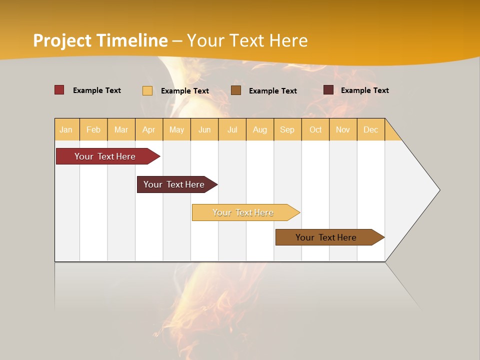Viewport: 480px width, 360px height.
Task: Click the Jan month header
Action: (66, 129)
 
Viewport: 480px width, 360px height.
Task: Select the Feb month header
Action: (93, 129)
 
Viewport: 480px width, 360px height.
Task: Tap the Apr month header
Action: (149, 129)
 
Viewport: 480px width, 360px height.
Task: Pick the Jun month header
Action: (204, 129)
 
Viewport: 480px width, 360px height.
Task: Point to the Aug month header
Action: (259, 129)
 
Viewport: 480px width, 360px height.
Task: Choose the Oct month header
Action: (315, 129)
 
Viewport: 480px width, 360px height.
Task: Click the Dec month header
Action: (370, 129)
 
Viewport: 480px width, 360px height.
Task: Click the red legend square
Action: (59, 90)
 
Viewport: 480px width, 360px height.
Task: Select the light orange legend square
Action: (147, 90)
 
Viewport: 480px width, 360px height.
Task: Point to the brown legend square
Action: (236, 90)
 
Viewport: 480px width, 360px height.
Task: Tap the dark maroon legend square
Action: (328, 90)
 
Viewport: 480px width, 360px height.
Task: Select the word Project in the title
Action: (62, 40)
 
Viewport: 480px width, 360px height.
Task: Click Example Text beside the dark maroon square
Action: (364, 90)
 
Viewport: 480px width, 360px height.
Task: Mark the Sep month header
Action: (287, 129)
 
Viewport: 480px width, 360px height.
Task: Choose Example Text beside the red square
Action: (96, 90)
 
